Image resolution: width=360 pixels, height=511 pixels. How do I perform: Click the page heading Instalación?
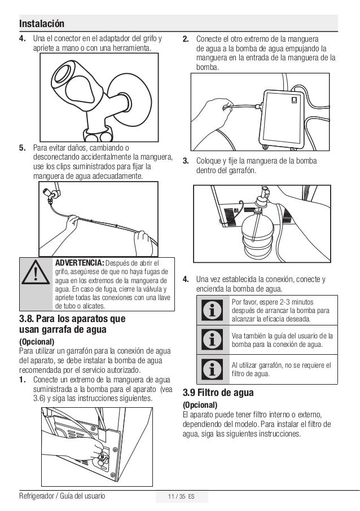[x=42, y=24]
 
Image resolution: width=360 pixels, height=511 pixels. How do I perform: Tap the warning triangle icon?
[x=36, y=272]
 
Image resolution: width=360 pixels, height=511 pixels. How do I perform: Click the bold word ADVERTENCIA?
[x=80, y=263]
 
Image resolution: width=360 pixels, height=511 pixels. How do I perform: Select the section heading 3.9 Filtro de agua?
[x=218, y=393]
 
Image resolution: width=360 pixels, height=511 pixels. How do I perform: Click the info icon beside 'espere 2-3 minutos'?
[x=212, y=310]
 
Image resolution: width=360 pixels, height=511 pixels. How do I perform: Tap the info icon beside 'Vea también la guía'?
[x=212, y=340]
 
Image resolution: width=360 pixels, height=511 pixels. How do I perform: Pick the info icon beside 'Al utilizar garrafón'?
[x=212, y=369]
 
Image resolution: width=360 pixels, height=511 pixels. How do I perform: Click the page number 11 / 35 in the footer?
[x=177, y=496]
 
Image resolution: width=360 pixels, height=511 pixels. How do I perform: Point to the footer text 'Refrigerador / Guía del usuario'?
[x=62, y=496]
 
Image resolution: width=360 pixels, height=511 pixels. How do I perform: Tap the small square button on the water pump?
[x=294, y=100]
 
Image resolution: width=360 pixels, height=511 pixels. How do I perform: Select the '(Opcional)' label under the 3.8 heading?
[x=37, y=342]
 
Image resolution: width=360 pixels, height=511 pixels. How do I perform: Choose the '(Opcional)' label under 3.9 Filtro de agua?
[x=200, y=405]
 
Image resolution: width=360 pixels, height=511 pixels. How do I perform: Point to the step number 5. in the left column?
[x=22, y=148]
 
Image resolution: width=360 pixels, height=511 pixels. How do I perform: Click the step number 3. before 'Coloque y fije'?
[x=186, y=161]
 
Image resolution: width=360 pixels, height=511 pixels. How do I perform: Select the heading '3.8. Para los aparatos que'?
[x=72, y=319]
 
